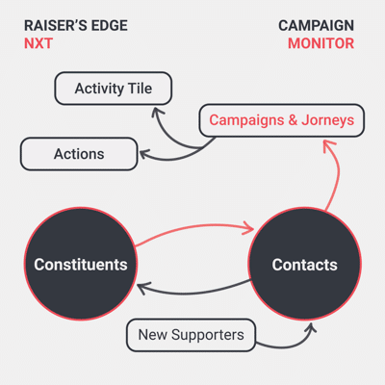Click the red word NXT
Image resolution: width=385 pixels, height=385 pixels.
(x=38, y=43)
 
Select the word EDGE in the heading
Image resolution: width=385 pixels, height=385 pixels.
(x=110, y=26)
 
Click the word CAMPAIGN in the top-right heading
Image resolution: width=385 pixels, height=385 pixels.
(x=316, y=26)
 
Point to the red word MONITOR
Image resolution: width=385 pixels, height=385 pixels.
(x=321, y=43)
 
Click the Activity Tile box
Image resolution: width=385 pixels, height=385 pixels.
(x=114, y=89)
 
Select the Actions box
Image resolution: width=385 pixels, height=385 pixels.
(x=79, y=154)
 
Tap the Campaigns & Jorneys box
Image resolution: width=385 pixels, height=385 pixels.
(x=282, y=120)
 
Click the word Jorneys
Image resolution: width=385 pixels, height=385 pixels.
(x=328, y=120)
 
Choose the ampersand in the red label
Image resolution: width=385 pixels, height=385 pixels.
(x=293, y=120)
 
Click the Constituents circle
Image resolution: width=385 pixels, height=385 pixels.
(x=81, y=264)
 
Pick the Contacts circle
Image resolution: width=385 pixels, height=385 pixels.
(x=305, y=264)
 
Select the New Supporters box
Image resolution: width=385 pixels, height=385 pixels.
(x=191, y=335)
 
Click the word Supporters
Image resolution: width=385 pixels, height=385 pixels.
(x=208, y=336)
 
